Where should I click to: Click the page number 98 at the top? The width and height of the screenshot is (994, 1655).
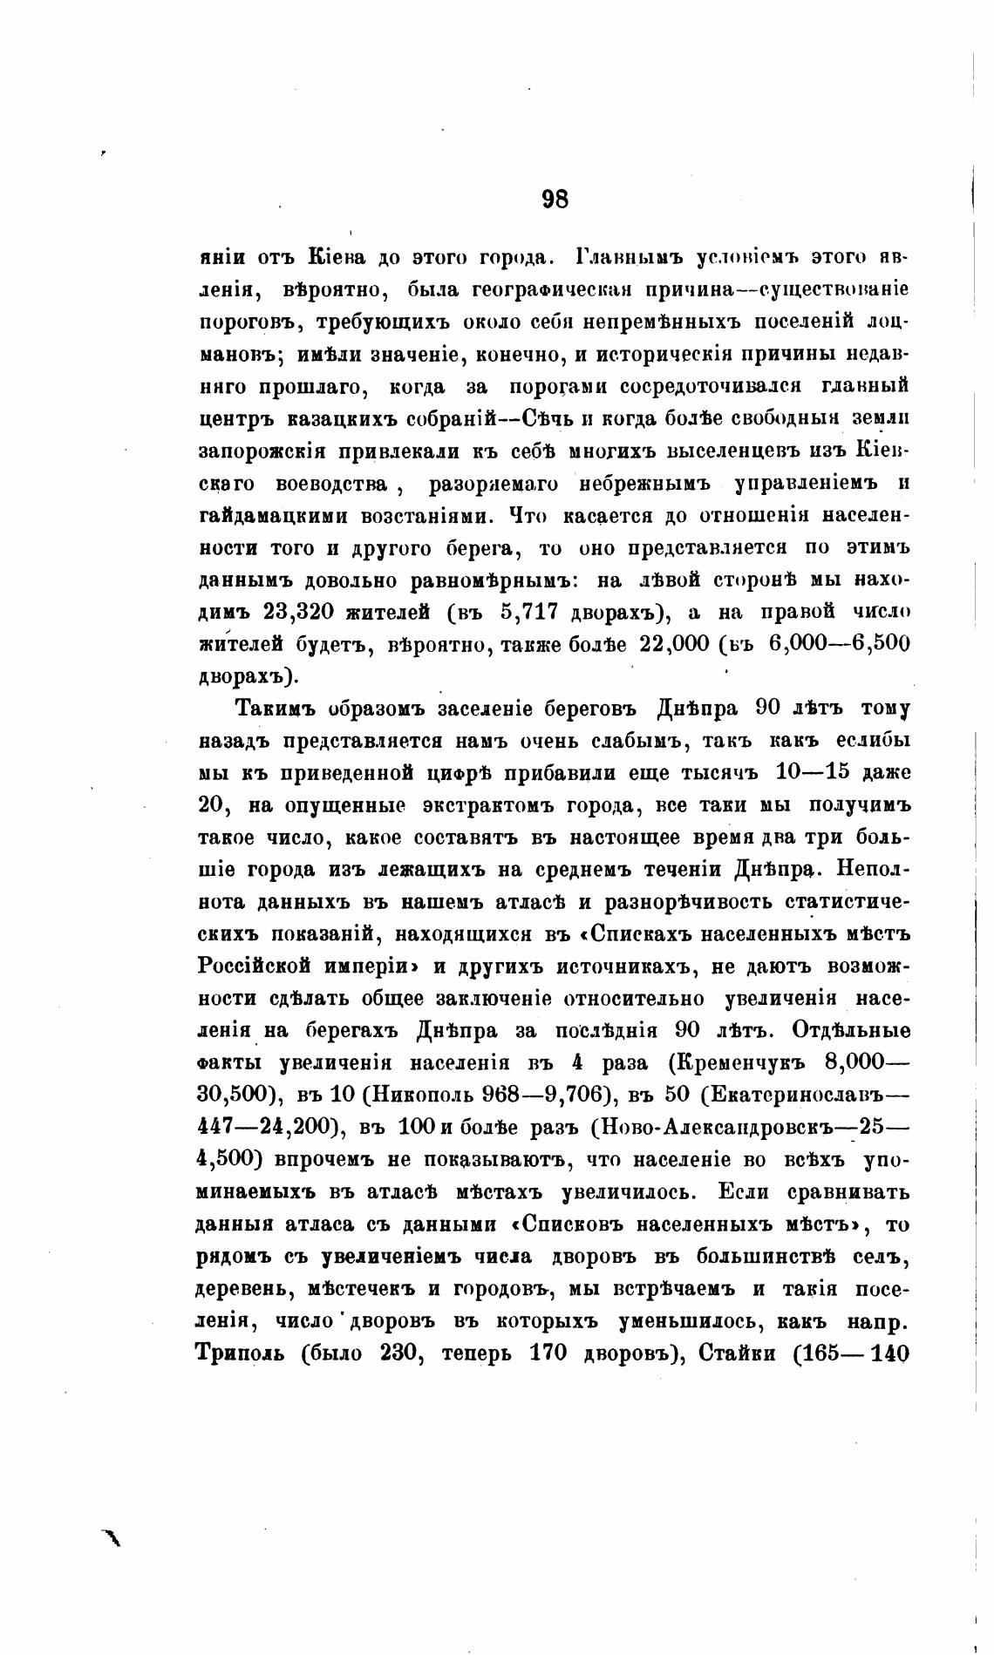click(x=555, y=200)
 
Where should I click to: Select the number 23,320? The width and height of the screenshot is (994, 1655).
click(x=296, y=612)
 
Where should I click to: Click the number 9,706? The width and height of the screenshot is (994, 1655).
click(x=569, y=1095)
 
